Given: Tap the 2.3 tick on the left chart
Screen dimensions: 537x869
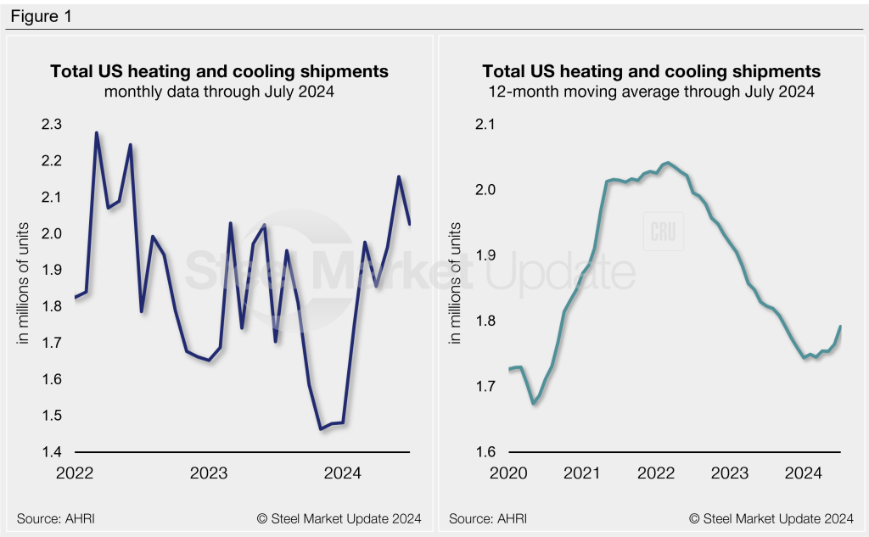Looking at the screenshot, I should pyautogui.click(x=52, y=125).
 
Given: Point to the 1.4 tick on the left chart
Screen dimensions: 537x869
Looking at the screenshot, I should pyautogui.click(x=52, y=452).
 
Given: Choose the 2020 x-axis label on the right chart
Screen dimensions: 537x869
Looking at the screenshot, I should pyautogui.click(x=508, y=473).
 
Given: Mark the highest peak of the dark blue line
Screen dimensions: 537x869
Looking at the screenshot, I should pyautogui.click(x=96, y=133).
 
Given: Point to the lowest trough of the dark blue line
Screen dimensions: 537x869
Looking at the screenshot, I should pyautogui.click(x=321, y=429).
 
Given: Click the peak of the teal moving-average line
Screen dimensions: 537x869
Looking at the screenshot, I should pyautogui.click(x=668, y=162).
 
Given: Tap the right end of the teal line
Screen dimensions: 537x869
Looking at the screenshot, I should pyautogui.click(x=840, y=327).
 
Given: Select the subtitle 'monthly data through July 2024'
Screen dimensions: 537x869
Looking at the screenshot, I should pyautogui.click(x=219, y=92).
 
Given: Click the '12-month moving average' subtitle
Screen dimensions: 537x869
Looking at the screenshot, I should pyautogui.click(x=651, y=92).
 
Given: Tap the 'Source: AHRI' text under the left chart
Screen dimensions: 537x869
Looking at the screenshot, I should pyautogui.click(x=53, y=518).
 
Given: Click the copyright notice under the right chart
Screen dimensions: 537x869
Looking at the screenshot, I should pyautogui.click(x=771, y=518).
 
